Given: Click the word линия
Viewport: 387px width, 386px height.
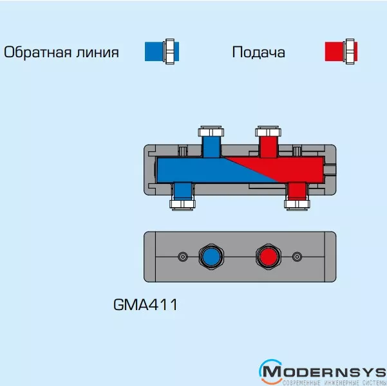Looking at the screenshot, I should pos(99,53).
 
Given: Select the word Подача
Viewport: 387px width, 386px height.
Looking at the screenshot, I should pos(258,53).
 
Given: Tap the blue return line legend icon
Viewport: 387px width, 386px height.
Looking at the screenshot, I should pos(161,51).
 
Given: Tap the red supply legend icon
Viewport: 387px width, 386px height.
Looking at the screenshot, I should pos(341,51).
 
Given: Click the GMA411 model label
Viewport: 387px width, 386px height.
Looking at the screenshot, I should pos(145,304).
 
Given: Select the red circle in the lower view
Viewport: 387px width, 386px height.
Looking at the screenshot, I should pos(267,256).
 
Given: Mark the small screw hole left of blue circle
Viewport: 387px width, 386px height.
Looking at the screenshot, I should pos(182,256).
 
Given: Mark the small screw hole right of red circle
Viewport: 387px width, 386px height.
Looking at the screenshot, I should pos(297,256).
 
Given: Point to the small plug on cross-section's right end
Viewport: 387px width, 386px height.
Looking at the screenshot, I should pos(330,170).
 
